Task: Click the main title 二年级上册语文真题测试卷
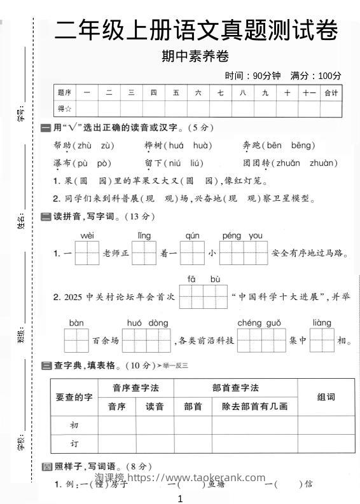tap(195, 30)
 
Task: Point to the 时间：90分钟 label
tap(253, 76)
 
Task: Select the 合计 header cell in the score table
tap(331, 93)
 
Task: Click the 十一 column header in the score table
tap(309, 93)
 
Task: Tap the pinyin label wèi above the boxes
tap(88, 236)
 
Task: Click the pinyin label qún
tap(192, 236)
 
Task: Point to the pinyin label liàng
tap(322, 323)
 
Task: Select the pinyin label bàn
tap(76, 323)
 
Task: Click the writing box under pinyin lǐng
tap(144, 253)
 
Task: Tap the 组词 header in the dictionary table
tap(326, 397)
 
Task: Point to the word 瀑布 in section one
tap(62, 163)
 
